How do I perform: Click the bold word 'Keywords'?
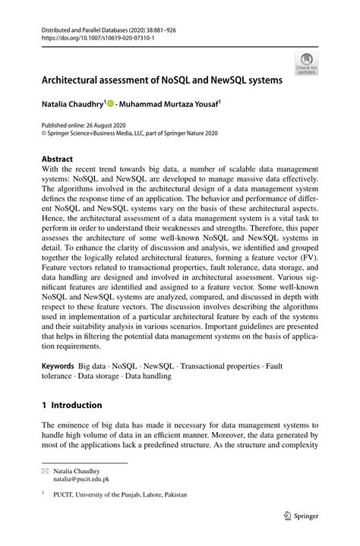(x=58, y=365)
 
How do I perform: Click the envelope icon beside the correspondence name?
(x=46, y=472)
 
